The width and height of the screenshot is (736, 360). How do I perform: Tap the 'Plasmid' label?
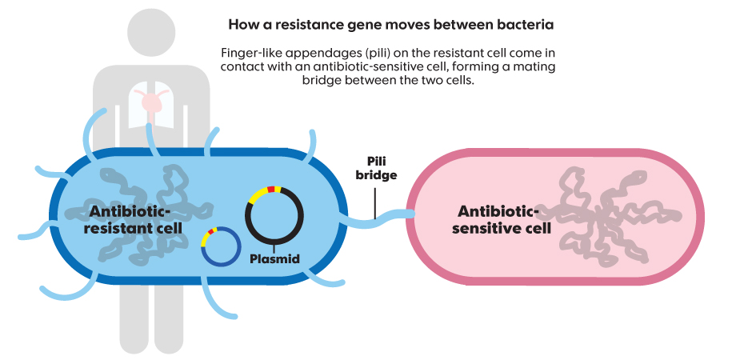point(274,259)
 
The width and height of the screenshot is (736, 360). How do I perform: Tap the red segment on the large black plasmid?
point(271,189)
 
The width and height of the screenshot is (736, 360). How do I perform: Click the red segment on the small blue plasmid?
point(212,231)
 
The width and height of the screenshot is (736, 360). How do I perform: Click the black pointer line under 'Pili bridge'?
point(374,200)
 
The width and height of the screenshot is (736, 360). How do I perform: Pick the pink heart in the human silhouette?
point(150,102)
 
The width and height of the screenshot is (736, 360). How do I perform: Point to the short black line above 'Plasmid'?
point(274,247)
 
